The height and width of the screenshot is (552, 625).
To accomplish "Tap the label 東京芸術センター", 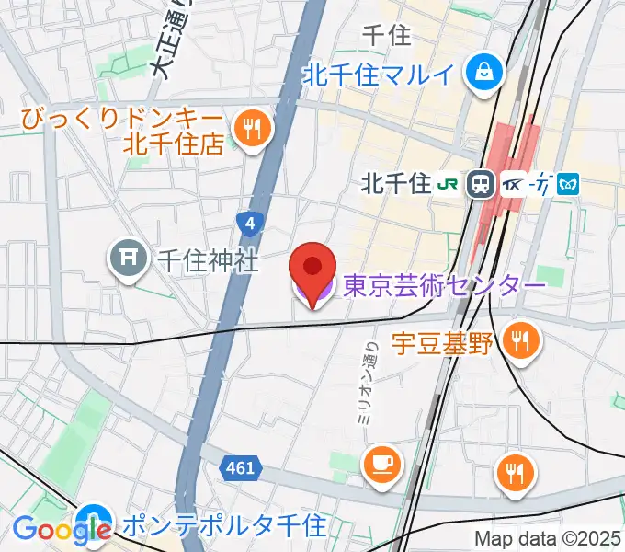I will coord(445,286).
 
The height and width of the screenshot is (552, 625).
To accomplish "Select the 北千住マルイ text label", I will coord(381,74).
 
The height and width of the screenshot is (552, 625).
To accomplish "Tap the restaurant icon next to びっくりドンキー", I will coord(251,129).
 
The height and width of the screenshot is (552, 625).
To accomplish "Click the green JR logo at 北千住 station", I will coord(449,184).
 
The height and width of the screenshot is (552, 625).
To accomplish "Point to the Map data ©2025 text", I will coord(548,538).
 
